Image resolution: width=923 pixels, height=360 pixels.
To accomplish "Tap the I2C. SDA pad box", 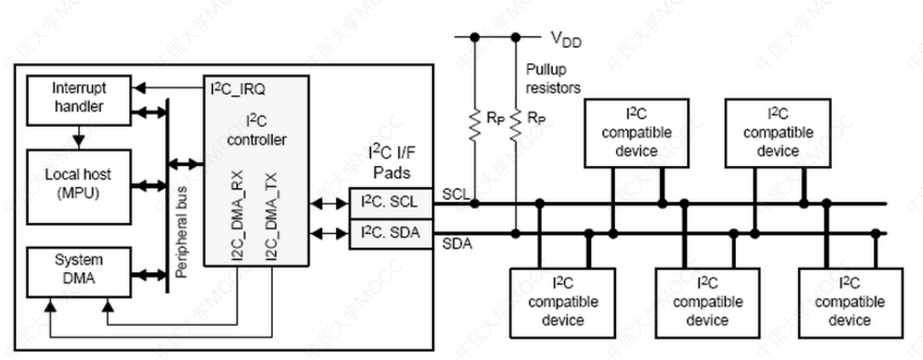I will coord(390,233).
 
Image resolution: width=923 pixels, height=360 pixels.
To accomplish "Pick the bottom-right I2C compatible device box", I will coord(848,301).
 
